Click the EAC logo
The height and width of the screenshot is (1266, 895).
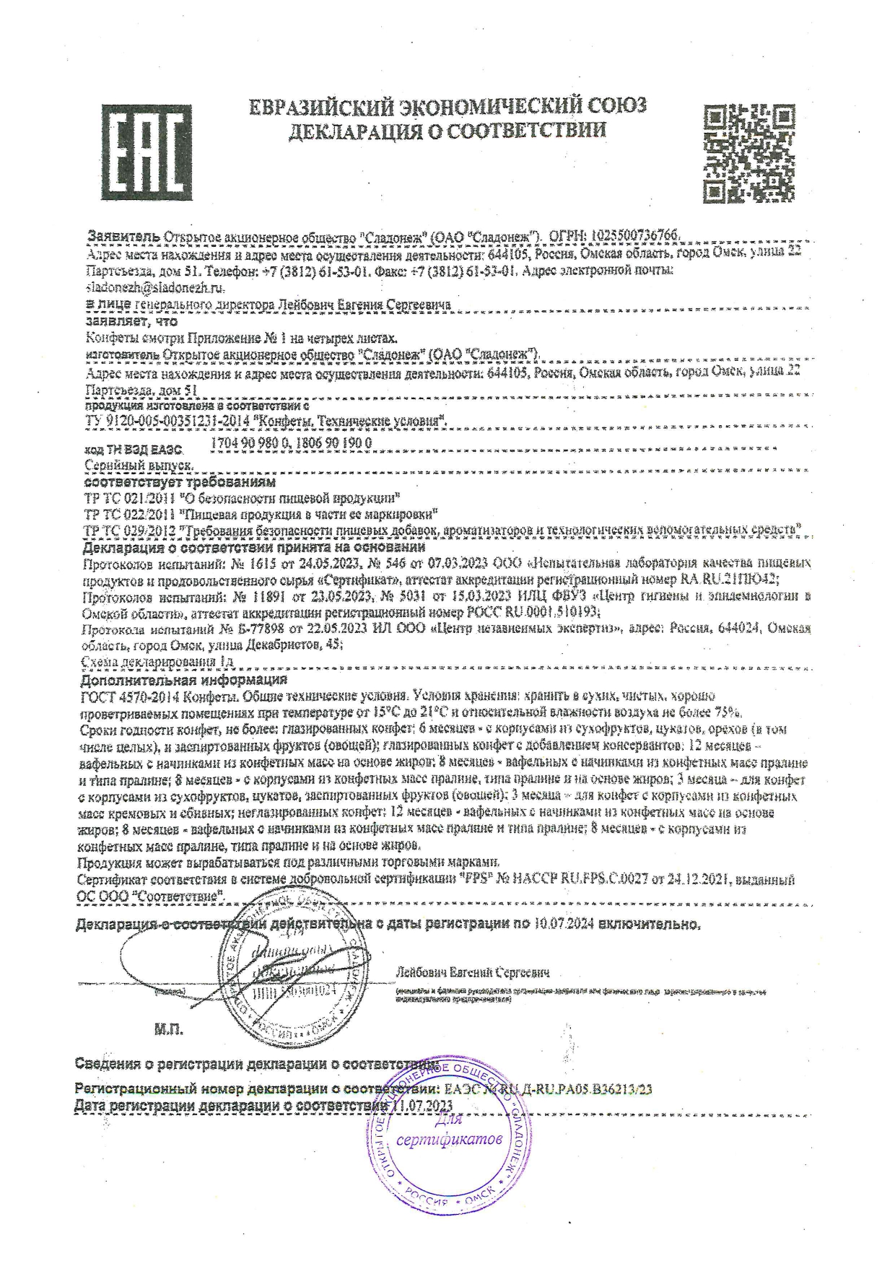[x=147, y=152]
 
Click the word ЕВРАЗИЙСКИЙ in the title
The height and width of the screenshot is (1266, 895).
[x=337, y=107]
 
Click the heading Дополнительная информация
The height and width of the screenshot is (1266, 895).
[x=184, y=680]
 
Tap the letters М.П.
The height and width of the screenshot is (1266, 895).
[x=169, y=1028]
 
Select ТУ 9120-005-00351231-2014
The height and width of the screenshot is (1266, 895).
[x=167, y=421]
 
